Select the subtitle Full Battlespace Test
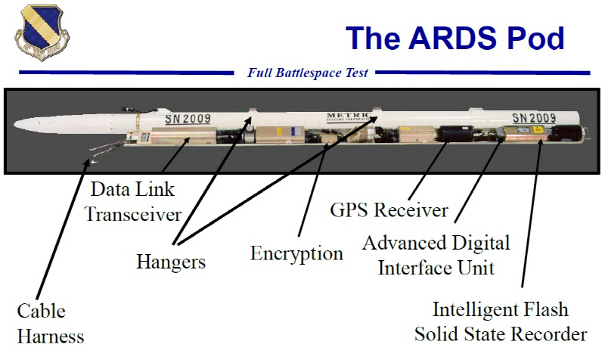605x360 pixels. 308,73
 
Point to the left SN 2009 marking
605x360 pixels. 188,119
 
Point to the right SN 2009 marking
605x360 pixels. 534,118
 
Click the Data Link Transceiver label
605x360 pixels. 132,200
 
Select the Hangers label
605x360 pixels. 171,262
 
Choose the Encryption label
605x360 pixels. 296,253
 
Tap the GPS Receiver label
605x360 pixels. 389,209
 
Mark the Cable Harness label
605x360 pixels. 50,323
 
